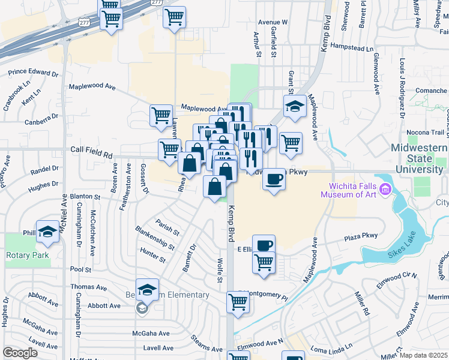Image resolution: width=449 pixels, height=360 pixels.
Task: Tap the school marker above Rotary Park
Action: [x=47, y=232]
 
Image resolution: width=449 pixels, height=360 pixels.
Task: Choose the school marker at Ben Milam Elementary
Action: [x=147, y=290]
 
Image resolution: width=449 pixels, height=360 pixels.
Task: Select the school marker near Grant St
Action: [x=295, y=106]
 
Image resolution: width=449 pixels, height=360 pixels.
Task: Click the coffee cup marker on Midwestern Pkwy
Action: [x=274, y=179]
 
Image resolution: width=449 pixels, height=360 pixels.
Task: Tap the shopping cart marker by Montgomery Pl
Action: [x=238, y=303]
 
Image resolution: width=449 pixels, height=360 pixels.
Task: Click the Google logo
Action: [x=20, y=353]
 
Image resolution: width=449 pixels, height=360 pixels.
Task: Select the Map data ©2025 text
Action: [x=423, y=355]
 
